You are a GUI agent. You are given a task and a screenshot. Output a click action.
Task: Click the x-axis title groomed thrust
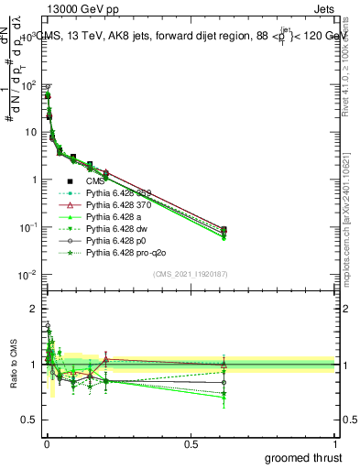coord(305,457)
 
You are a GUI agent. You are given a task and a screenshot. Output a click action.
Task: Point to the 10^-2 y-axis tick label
coord(28,275)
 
